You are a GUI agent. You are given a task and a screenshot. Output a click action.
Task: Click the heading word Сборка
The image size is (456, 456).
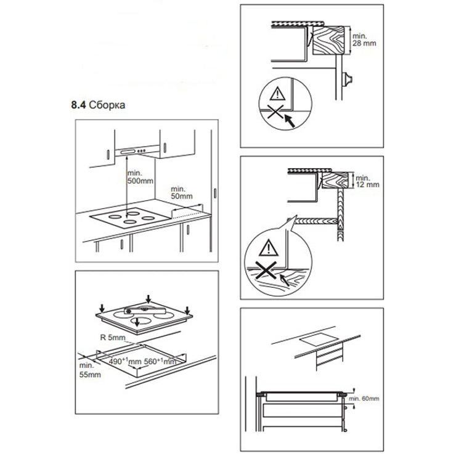107,105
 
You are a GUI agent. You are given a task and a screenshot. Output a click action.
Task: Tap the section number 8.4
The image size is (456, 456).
78,105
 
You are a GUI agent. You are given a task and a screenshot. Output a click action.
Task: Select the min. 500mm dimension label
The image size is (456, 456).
140,177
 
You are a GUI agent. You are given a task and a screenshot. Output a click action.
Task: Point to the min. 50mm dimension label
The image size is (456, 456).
181,192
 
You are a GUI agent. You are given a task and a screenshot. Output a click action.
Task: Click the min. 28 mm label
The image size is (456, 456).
364,39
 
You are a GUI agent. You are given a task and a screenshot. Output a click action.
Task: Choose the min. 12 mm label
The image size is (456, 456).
367,181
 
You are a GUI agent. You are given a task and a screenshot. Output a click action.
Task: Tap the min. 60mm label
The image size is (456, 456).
364,399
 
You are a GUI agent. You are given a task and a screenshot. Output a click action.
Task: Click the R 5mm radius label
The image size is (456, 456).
113,338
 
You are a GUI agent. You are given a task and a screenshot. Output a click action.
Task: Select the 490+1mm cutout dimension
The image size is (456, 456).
125,362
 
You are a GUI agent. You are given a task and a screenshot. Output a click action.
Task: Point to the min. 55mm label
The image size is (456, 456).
90,370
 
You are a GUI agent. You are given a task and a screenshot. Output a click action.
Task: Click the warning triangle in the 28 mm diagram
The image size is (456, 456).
277,94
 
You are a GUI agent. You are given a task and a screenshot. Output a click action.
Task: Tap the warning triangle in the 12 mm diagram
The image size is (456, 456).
269,248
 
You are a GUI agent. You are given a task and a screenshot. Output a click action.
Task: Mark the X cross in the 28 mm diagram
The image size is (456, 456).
275,112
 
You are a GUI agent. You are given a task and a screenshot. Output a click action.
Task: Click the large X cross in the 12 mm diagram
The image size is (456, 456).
266,270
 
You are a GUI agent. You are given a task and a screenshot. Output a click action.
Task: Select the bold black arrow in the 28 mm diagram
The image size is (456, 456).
290,121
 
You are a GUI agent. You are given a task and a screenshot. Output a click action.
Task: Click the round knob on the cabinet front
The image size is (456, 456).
348,79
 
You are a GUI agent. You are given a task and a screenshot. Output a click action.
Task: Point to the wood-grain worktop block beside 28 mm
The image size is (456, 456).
328,41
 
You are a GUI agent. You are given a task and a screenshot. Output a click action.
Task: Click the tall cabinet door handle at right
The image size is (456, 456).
215,193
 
